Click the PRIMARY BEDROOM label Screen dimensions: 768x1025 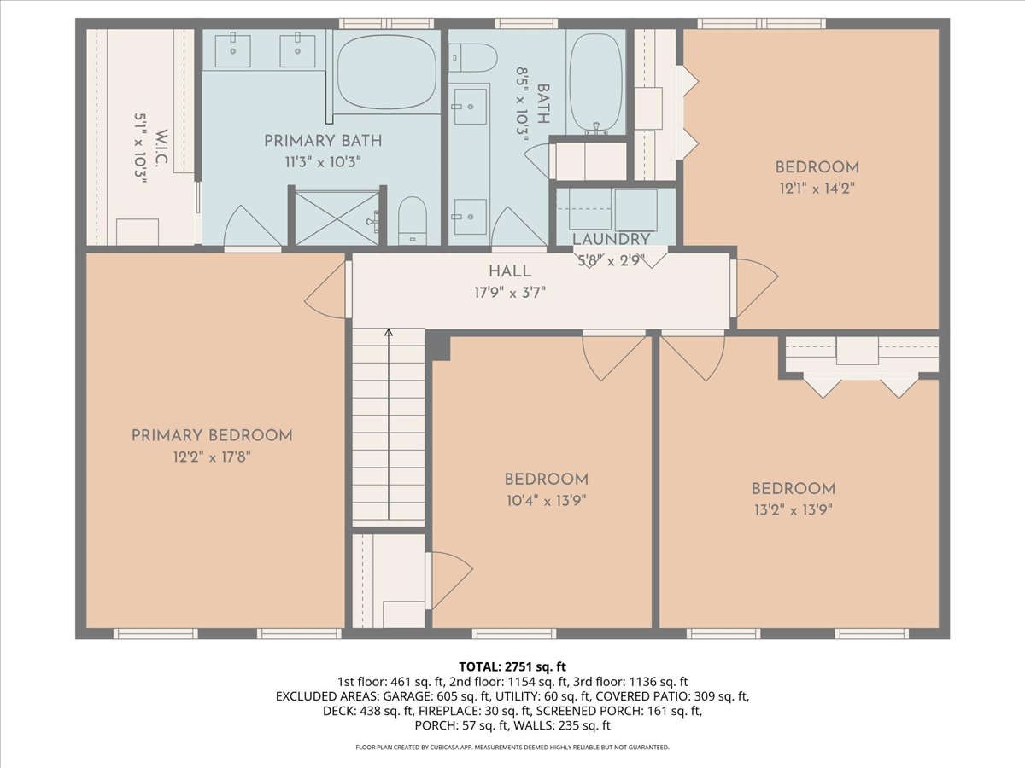[x=212, y=435]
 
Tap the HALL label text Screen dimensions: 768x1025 [x=510, y=271]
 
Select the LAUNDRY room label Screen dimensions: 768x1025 [x=611, y=239]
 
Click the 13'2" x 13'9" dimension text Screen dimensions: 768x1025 [x=792, y=509]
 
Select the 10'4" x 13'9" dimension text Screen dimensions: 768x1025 [x=546, y=500]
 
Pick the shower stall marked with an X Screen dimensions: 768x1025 [x=337, y=218]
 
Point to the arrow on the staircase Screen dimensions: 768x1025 [x=389, y=335]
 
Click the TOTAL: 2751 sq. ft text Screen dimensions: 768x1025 [x=512, y=666]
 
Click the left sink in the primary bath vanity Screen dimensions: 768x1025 [x=232, y=50]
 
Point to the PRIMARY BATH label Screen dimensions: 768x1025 [x=322, y=141]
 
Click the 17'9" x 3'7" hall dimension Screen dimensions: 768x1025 [x=510, y=292]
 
